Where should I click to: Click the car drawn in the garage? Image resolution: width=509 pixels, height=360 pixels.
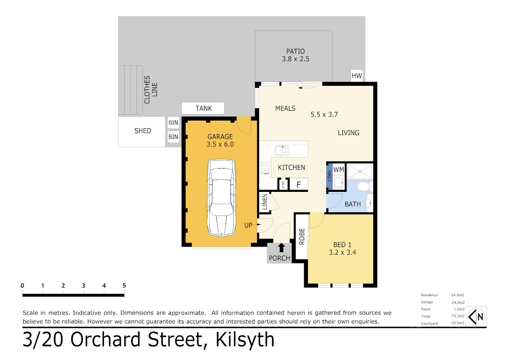(221, 198)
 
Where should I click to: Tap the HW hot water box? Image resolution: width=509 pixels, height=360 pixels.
(357, 76)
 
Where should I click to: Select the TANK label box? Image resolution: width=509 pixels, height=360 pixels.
(203, 108)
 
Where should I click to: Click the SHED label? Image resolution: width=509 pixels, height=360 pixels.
(143, 131)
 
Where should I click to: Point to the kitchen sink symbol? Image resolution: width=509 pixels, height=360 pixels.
(282, 151)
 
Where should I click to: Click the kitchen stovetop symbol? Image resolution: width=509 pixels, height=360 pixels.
(265, 168)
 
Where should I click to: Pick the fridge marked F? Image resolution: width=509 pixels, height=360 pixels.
(299, 184)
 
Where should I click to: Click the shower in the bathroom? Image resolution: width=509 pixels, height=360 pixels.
(360, 172)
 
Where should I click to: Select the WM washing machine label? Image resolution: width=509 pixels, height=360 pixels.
(338, 170)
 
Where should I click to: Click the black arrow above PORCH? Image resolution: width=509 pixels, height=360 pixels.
(281, 247)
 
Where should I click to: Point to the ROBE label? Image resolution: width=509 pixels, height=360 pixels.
(302, 236)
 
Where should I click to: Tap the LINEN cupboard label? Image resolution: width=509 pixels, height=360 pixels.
(265, 202)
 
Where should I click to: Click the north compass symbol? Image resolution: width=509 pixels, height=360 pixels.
(476, 317)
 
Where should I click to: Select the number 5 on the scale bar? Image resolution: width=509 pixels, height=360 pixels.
(124, 285)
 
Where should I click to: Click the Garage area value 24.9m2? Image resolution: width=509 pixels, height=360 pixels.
(458, 302)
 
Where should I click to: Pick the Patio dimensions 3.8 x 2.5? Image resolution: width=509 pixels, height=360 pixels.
(296, 59)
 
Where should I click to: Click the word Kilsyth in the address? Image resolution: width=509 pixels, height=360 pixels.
(245, 340)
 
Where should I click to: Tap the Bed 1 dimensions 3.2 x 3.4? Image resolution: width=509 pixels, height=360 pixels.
(342, 253)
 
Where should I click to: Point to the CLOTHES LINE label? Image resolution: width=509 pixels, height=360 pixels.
(151, 90)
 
